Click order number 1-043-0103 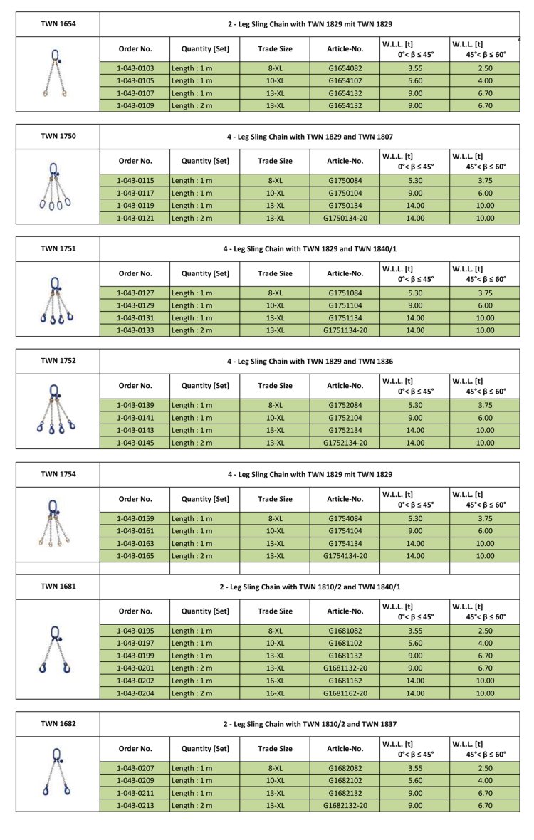click(x=135, y=68)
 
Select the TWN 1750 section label click(x=58, y=137)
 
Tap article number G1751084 click(x=345, y=293)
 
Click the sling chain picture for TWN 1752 click(x=56, y=410)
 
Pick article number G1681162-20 click(x=345, y=693)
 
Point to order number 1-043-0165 click(x=135, y=556)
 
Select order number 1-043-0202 click(x=135, y=680)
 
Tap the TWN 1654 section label click(x=58, y=24)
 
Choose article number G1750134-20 click(x=345, y=218)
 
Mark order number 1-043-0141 click(x=135, y=418)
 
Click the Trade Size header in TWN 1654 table click(x=275, y=48)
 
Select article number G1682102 click(x=345, y=779)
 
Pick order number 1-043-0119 click(x=135, y=205)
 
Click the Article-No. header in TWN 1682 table click(x=345, y=748)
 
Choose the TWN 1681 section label click(x=58, y=587)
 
